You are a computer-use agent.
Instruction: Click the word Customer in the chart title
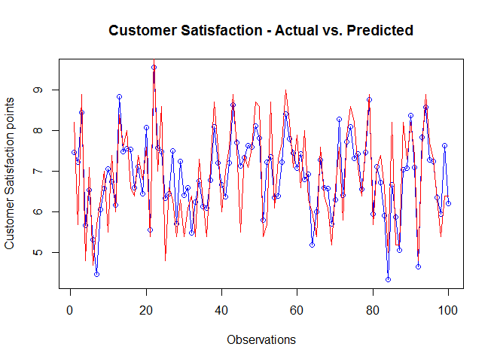tap(144, 31)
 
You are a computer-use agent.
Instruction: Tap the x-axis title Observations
tap(261, 339)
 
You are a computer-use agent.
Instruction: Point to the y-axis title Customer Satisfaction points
tap(10, 176)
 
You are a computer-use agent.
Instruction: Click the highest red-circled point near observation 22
tap(154, 67)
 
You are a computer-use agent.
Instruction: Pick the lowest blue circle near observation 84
tap(388, 279)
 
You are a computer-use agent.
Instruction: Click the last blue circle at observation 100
tap(448, 203)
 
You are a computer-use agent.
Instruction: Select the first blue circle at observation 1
tap(74, 152)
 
